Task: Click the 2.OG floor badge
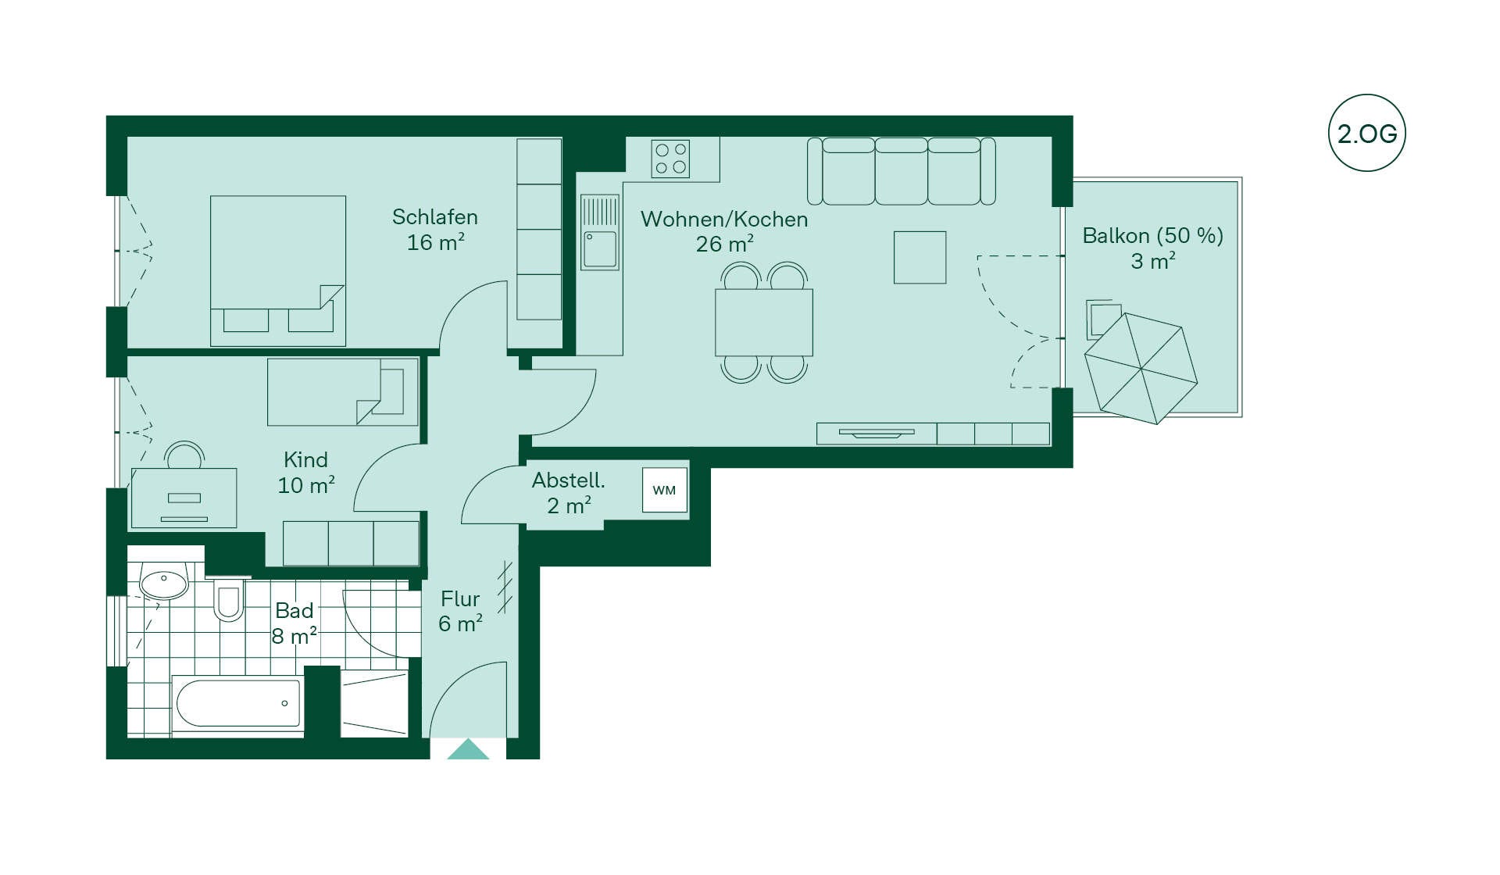point(1366,133)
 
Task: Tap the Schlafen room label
point(435,216)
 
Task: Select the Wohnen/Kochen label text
point(724,220)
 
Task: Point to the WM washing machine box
point(664,490)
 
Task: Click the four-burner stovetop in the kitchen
point(671,159)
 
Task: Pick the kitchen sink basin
point(600,249)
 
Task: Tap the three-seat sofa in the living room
point(901,171)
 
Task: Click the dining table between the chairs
point(763,322)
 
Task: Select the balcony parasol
point(1141,368)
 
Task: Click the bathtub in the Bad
point(237,703)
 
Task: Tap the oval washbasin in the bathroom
point(164,583)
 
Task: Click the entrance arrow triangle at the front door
point(468,749)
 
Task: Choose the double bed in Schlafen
point(278,270)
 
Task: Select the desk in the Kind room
point(184,498)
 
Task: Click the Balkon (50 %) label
point(1152,236)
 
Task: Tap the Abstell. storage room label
point(568,480)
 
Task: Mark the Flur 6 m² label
point(460,611)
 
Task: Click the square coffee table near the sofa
point(920,257)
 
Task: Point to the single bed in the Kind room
point(342,392)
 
